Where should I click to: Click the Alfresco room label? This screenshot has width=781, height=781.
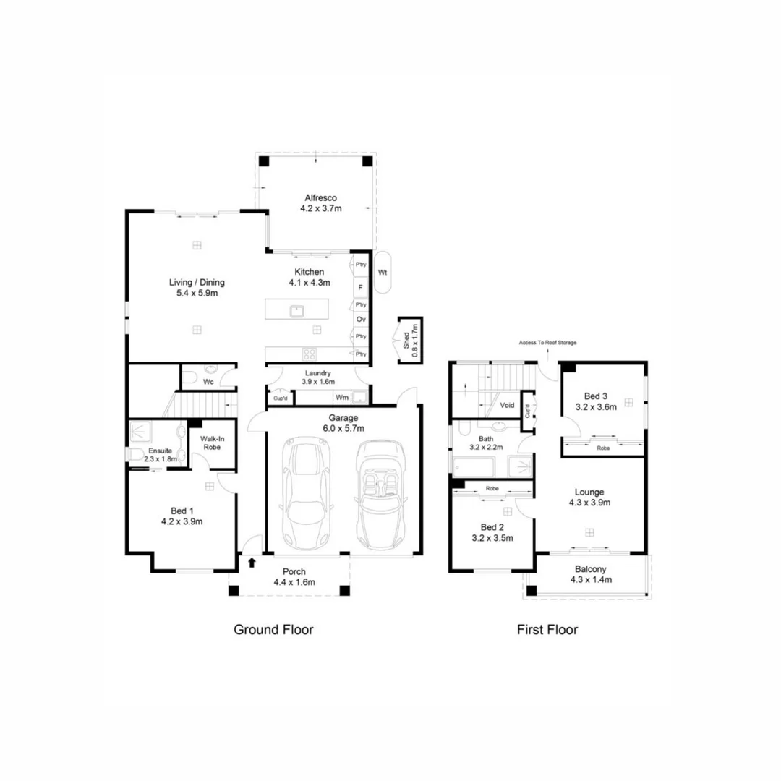coord(320,197)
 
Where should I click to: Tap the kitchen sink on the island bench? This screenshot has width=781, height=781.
coord(296,312)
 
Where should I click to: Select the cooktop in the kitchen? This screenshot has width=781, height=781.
coord(309,354)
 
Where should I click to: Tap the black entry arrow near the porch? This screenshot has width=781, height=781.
coord(252,561)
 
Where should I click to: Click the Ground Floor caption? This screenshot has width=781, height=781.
coord(273,630)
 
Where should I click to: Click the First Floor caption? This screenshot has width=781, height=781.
coord(547,630)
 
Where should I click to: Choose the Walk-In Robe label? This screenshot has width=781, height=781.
coord(210,443)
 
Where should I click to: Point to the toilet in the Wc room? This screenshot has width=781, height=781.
coord(187,377)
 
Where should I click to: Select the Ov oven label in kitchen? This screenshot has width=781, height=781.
coord(360,319)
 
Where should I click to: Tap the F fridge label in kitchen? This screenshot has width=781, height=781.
coord(360,288)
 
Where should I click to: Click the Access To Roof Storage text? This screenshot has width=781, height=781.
coord(547,343)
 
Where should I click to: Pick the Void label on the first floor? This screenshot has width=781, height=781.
coord(507,406)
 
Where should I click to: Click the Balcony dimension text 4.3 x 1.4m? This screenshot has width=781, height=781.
coord(591,580)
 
